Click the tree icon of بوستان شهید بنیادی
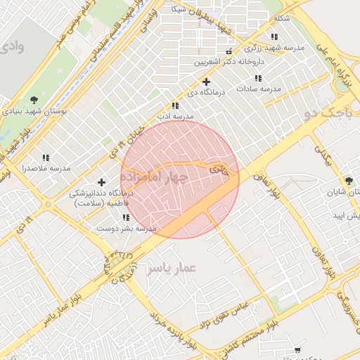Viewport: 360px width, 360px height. coord(34,99)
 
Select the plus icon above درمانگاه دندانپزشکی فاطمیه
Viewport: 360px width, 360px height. coord(101,182)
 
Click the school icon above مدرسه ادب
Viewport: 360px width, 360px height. coord(174,105)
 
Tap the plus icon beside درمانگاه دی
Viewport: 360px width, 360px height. coord(206,82)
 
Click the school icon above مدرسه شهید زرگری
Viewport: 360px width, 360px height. coord(274,37)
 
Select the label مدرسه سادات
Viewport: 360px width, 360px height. coord(258,89)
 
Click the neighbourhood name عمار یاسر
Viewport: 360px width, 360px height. coord(171,268)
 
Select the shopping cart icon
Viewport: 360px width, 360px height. coord(297,349)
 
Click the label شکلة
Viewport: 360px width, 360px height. coord(281,18)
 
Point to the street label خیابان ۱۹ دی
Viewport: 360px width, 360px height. coord(124,143)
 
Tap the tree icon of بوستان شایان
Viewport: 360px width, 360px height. coord(349,181)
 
